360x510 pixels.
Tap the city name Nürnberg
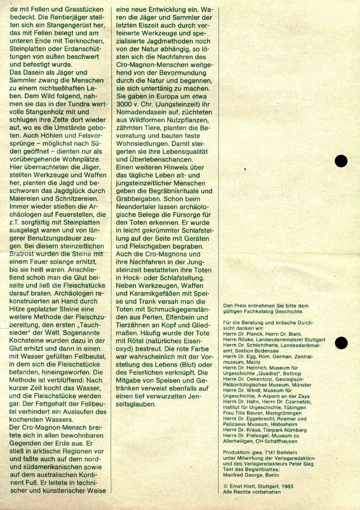pyautogui.click(x=294, y=430)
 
